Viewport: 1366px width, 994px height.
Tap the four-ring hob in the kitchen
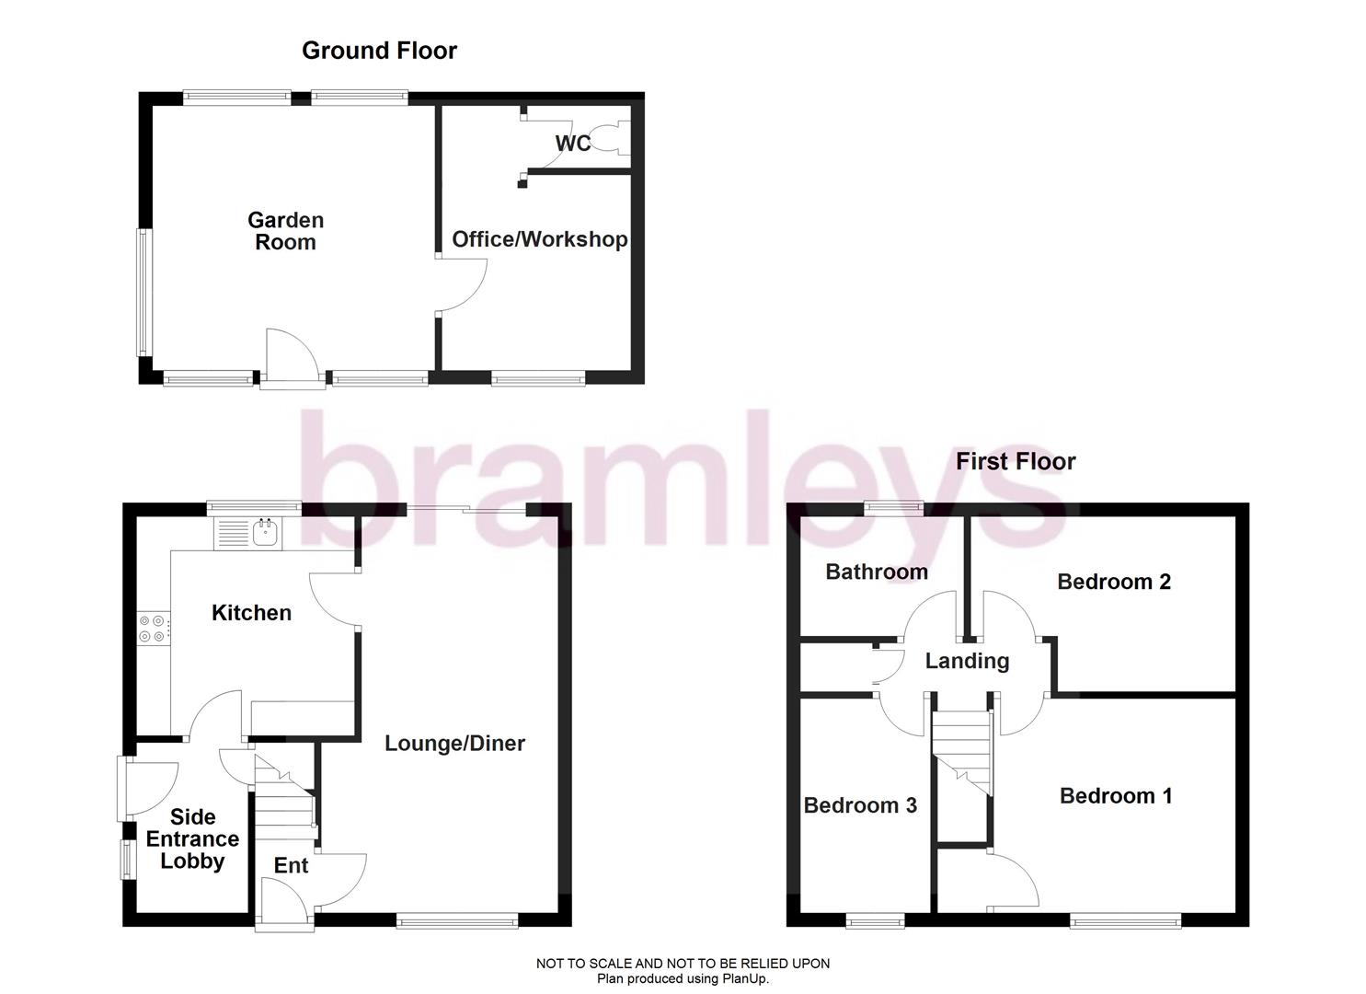pyautogui.click(x=153, y=628)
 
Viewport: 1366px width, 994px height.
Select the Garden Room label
pyautogui.click(x=285, y=231)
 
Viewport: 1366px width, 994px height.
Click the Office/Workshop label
pyautogui.click(x=539, y=239)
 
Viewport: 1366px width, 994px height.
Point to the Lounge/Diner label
pyautogui.click(x=454, y=743)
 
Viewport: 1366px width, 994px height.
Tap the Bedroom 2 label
pyautogui.click(x=1113, y=581)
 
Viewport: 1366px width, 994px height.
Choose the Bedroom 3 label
pyautogui.click(x=860, y=805)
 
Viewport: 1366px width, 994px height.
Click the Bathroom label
pyautogui.click(x=876, y=572)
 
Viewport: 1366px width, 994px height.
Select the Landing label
pyautogui.click(x=967, y=661)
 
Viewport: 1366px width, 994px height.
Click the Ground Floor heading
pyautogui.click(x=379, y=51)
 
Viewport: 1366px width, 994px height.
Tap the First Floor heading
pyautogui.click(x=1015, y=461)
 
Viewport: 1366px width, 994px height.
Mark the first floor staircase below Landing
pyautogui.click(x=962, y=750)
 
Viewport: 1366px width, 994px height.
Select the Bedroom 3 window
pyautogui.click(x=875, y=919)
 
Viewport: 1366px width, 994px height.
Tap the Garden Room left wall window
pyautogui.click(x=143, y=292)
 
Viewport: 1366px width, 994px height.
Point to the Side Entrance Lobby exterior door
pyautogui.click(x=147, y=787)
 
